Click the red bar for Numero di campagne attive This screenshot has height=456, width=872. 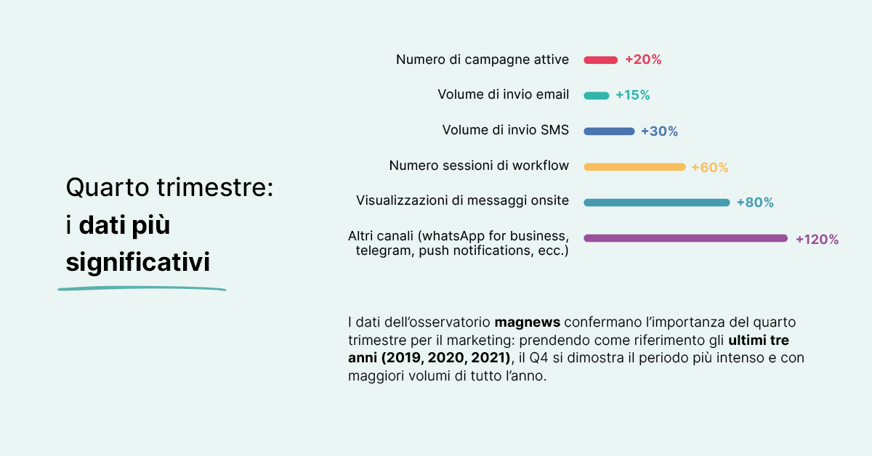point(600,60)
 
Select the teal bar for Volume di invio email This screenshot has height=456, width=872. point(596,96)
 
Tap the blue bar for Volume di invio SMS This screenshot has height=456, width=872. point(609,131)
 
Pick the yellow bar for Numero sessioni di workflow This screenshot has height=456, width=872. point(634,167)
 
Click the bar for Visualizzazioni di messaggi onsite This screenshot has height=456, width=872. point(656,203)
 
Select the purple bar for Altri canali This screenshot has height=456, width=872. point(685,238)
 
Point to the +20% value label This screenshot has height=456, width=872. point(643,60)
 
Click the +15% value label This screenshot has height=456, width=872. point(632,96)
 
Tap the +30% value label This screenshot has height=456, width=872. point(659,131)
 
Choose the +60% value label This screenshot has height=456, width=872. point(709,168)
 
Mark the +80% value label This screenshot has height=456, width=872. point(755,203)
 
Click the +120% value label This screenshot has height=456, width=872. point(817,239)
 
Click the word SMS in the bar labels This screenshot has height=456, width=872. point(554,130)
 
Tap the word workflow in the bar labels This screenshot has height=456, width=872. point(541,166)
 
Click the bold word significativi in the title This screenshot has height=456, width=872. point(138,261)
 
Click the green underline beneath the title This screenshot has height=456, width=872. point(142,289)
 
